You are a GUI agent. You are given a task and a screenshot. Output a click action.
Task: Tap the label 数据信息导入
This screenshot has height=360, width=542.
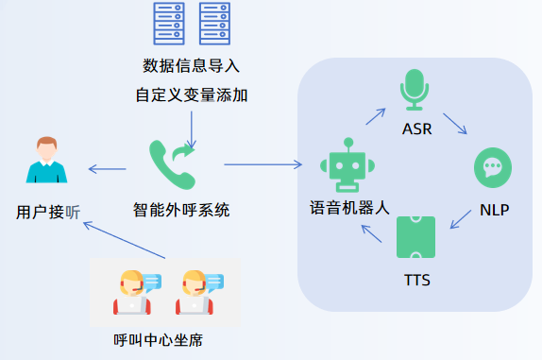tap(192, 66)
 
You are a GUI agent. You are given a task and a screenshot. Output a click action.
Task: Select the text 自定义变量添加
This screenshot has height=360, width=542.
tap(192, 95)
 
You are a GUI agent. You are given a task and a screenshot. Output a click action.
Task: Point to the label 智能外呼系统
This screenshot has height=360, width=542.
tap(181, 210)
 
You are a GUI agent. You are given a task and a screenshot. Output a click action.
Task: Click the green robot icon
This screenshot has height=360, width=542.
tap(348, 163)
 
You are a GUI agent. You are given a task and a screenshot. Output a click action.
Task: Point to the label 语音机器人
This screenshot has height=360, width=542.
tap(349, 207)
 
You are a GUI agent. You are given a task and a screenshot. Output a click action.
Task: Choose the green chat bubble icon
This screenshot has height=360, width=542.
tap(493, 168)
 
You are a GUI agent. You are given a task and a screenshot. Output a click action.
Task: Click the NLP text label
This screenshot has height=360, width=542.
tap(494, 210)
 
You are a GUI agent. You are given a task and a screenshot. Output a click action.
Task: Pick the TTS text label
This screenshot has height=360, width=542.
tap(416, 281)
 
